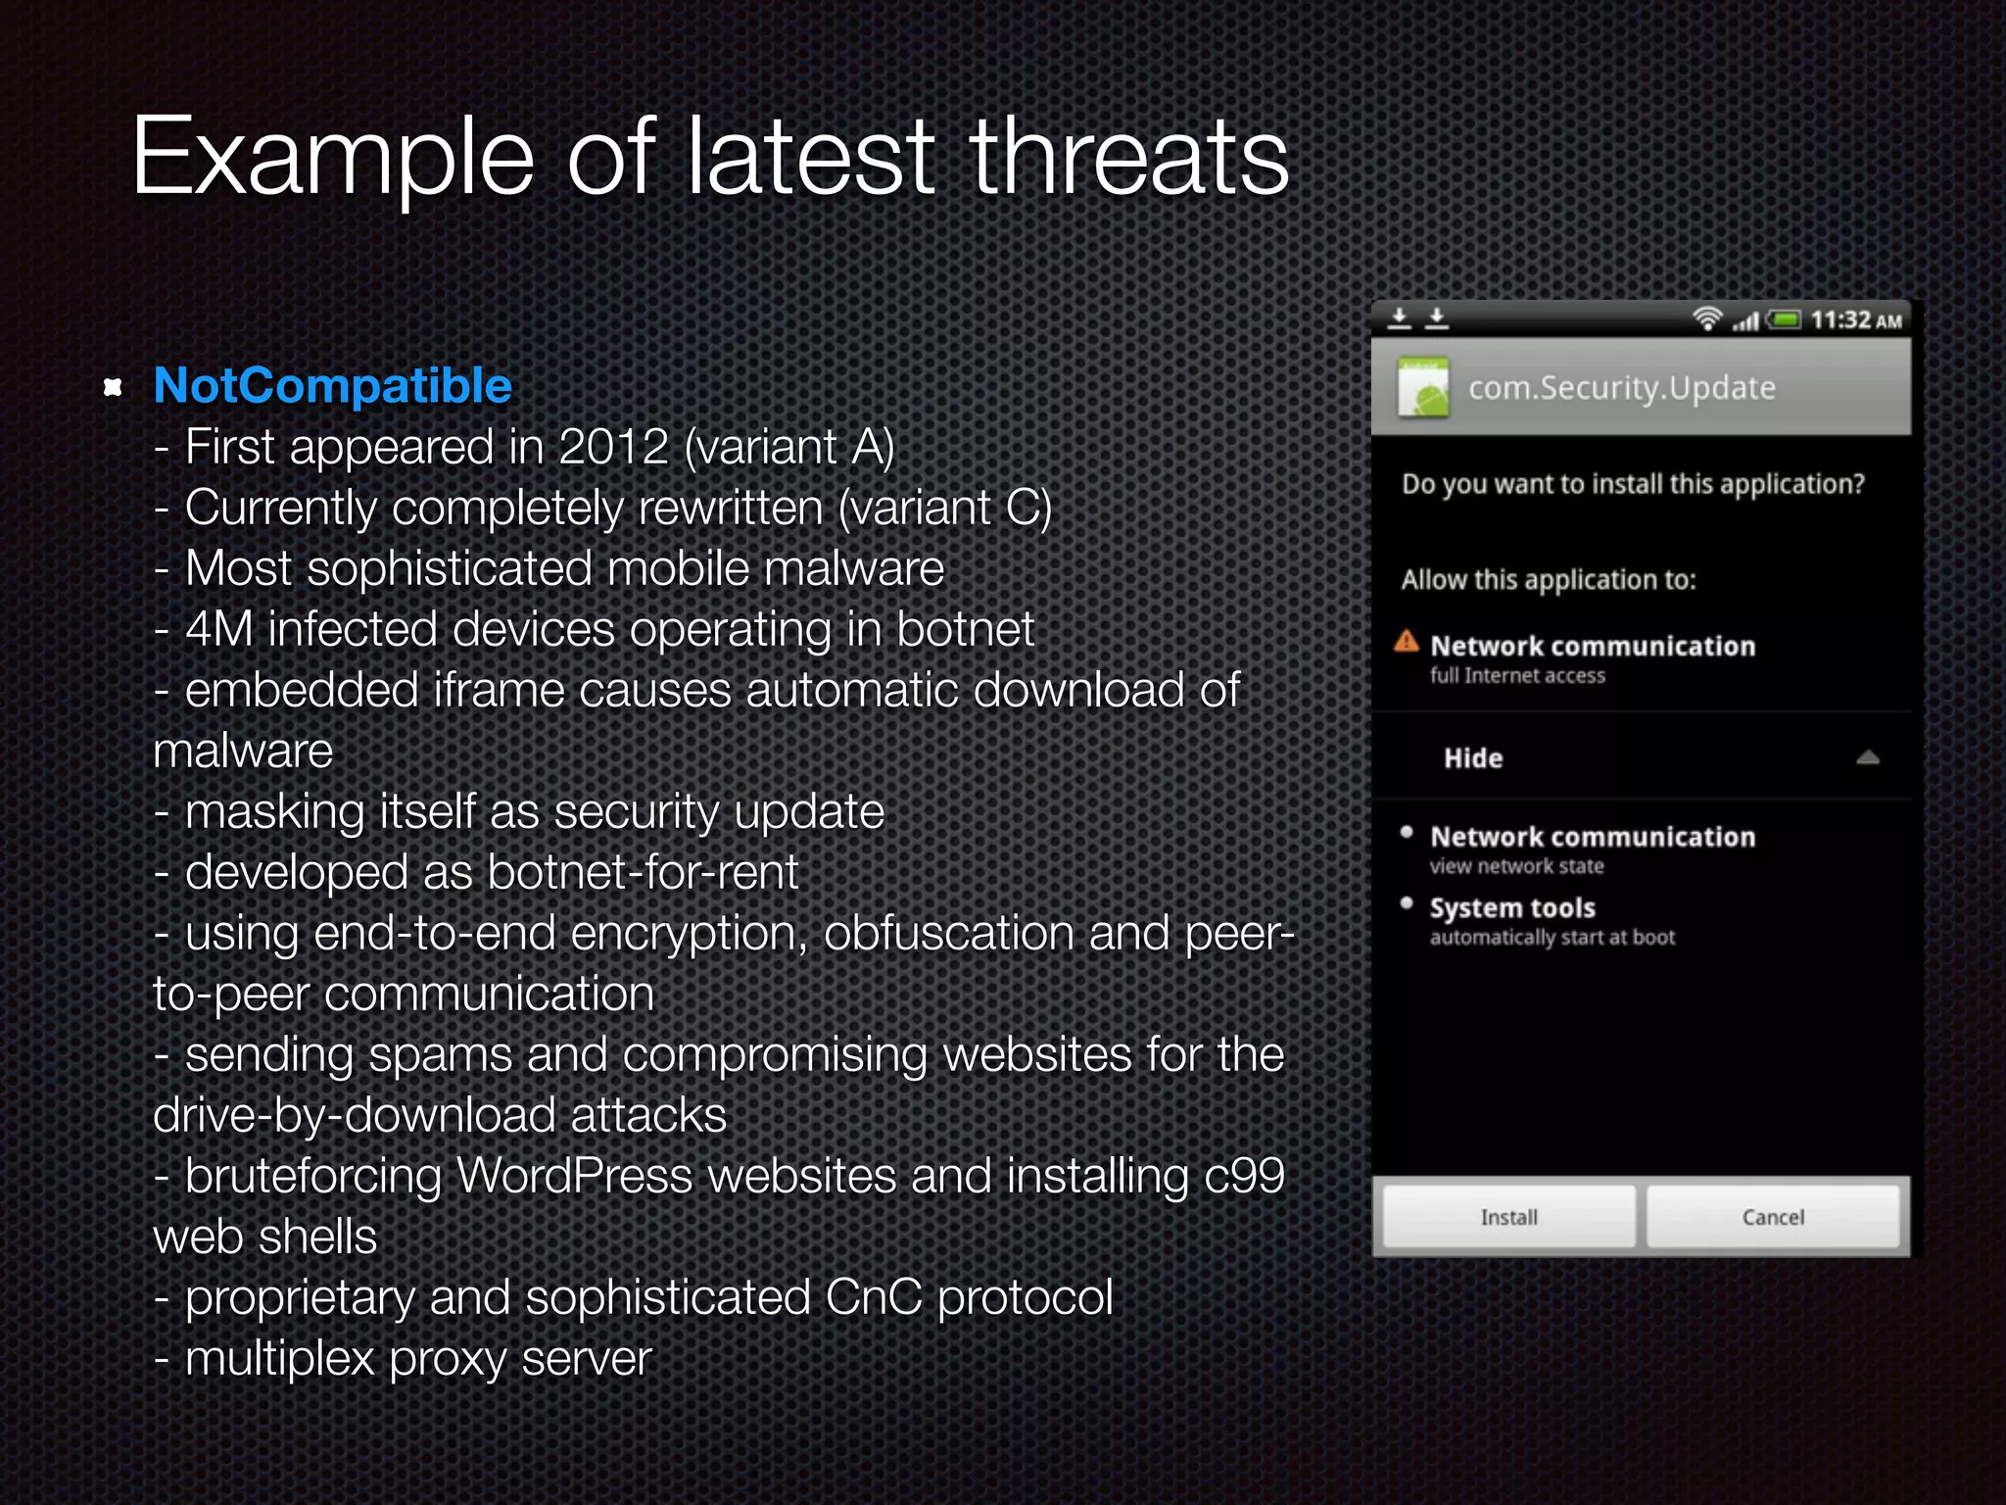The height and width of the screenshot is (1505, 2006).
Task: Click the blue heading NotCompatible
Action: (333, 386)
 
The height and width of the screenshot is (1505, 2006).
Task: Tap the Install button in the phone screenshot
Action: (1508, 1217)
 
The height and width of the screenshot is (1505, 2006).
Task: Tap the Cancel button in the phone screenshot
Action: (1773, 1217)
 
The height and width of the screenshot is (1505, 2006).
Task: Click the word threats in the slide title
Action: (1129, 157)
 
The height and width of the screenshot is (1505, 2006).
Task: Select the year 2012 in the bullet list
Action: (613, 447)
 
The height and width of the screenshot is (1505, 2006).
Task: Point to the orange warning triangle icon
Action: (1407, 642)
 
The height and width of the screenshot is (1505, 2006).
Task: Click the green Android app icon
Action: (1423, 388)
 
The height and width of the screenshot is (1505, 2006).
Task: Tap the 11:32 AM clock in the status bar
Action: (1855, 320)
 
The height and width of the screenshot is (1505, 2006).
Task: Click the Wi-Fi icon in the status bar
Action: (1707, 318)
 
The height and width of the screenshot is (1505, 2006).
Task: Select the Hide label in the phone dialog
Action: (1473, 758)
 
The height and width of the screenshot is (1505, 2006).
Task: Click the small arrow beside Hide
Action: (1868, 757)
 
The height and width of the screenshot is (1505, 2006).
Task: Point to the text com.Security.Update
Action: (1622, 388)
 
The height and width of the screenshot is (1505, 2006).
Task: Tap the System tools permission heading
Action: (1512, 908)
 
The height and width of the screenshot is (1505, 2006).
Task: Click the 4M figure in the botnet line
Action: (219, 629)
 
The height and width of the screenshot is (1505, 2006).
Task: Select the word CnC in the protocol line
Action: (874, 1297)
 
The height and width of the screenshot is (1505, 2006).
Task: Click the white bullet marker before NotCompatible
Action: (113, 387)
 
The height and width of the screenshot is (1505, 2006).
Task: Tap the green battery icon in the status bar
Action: (1785, 319)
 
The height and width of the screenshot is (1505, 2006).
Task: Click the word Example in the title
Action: (333, 157)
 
